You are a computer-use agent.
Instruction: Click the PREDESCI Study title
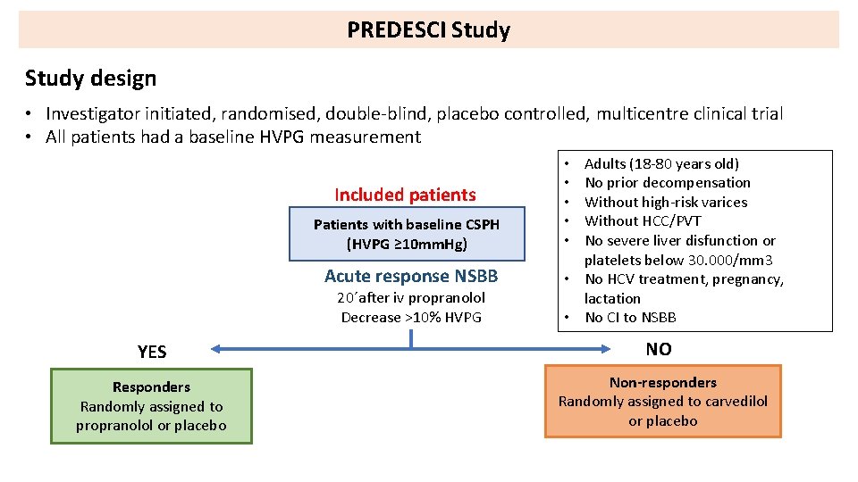coord(428,30)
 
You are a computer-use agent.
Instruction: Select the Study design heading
coord(90,79)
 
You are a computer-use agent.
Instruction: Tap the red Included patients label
coord(405,195)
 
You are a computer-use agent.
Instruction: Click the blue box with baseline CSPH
coord(406,234)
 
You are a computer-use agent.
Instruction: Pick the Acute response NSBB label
coord(411,276)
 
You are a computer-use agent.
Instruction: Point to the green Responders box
coord(151,406)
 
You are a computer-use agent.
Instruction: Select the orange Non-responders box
coord(662,401)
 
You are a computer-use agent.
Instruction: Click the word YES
coord(152,352)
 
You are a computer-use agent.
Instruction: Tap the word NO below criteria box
coord(659,349)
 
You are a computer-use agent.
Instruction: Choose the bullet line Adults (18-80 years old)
coord(661,163)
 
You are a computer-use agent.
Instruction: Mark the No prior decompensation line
coord(667,182)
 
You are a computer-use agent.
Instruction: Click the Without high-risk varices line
coord(666,202)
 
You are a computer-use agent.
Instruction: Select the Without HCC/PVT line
coord(643,220)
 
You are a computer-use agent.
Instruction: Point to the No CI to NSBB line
coord(630,317)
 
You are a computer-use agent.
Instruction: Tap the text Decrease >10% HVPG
coord(411,317)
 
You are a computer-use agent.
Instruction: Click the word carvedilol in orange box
coord(735,401)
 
